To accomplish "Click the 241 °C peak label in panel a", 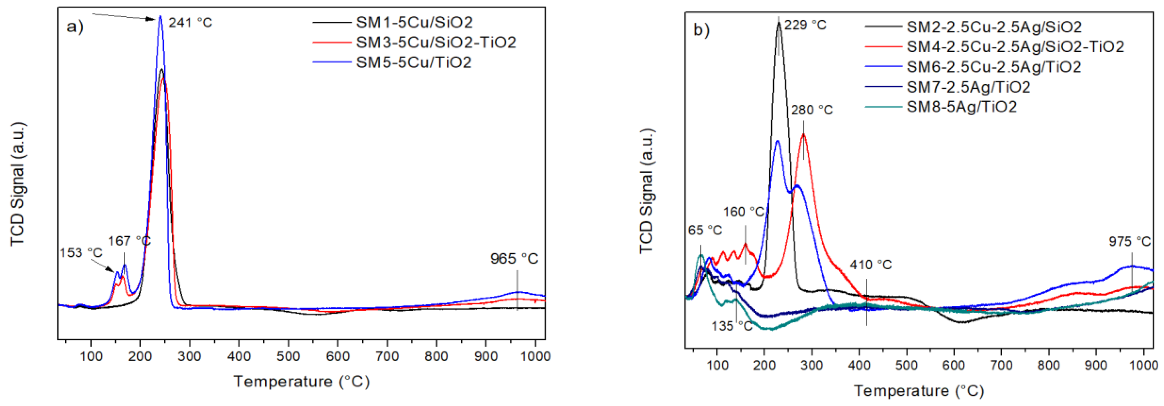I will (190, 23).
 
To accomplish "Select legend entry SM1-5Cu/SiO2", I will (414, 22).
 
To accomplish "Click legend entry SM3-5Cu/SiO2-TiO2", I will (436, 42).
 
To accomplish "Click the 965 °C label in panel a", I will (514, 259).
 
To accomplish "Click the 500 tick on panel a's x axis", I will (288, 356).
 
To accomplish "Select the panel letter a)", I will (75, 27).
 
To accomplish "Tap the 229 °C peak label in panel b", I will (805, 25).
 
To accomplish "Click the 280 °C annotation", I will (812, 110).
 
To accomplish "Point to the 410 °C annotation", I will (871, 265).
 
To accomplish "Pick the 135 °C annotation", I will (732, 326).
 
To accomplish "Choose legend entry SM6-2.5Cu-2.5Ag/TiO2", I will (994, 67).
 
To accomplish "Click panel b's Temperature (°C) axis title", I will (919, 390).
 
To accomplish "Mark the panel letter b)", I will (701, 30).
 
